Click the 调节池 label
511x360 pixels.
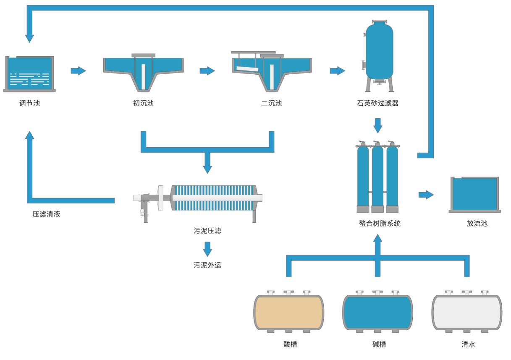29,103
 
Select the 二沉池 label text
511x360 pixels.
271,103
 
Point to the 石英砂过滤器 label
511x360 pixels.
377,103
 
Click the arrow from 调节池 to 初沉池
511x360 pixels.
78,71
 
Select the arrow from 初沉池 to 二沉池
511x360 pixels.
207,71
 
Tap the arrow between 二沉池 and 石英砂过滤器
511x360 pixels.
337,71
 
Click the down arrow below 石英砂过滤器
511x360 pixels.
378,125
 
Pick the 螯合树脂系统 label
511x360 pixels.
380,224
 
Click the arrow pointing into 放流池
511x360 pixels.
426,195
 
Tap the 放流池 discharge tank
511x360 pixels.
474,194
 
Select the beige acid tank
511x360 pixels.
288,313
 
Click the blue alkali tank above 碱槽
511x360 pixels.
377,313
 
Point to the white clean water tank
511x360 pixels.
467,313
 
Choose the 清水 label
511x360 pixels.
468,344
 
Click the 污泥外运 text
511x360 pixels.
207,265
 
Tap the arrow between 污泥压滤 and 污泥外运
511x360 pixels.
207,249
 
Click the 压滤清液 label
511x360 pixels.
46,214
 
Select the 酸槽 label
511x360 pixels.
290,344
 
